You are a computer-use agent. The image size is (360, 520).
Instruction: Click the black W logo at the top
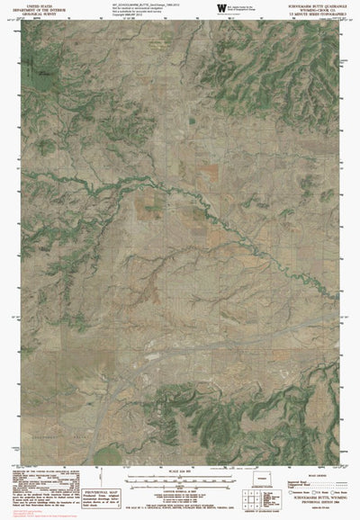(222, 8)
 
